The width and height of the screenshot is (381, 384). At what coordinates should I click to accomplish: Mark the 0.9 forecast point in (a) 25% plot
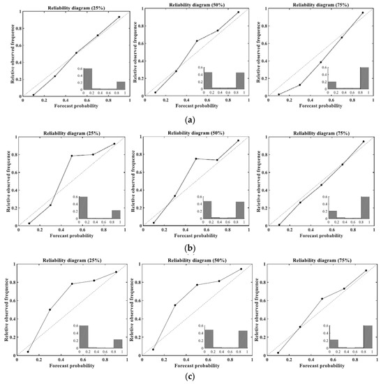click(119, 17)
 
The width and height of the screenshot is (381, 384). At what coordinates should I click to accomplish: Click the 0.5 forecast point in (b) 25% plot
click(72, 156)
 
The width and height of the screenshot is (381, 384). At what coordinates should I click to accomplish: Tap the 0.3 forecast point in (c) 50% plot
click(175, 305)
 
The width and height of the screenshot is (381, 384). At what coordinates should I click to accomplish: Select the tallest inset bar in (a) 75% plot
click(364, 77)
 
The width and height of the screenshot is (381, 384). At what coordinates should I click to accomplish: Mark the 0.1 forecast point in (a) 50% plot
click(155, 92)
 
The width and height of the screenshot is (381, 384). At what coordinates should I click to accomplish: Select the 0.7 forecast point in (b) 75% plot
click(342, 165)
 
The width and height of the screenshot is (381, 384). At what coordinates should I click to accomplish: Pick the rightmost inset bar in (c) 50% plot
click(243, 339)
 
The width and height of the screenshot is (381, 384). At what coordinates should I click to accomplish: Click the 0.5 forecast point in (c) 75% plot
click(322, 299)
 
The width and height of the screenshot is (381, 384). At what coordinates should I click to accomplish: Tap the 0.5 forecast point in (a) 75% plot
click(321, 62)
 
